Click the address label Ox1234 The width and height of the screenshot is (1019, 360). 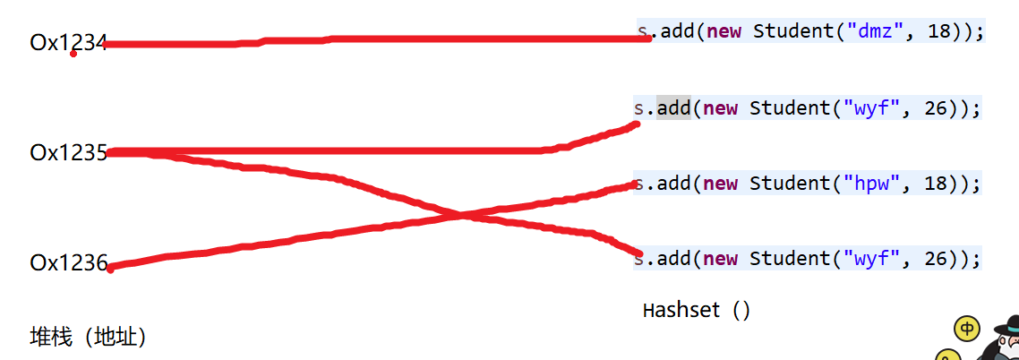coord(68,42)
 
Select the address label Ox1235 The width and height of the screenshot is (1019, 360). coord(68,152)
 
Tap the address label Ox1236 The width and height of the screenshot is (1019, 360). coord(68,263)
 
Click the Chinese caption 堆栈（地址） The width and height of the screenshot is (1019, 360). coord(88,337)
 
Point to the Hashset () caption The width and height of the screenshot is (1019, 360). coord(697,310)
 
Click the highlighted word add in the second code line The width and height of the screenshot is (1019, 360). coord(673,108)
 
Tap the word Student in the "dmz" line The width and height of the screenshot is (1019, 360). coord(791,30)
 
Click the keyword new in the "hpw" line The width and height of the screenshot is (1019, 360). coord(721,184)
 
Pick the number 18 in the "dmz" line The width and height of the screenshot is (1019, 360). coord(938,30)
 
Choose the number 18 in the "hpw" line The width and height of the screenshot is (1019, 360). coord(934,184)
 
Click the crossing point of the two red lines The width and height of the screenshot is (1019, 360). coord(462,215)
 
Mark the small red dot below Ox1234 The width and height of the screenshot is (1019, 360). coord(73,54)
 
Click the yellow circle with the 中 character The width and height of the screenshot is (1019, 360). coord(967,330)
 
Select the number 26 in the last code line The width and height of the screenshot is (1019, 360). coord(934,259)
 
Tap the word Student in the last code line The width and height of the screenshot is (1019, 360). coord(787,259)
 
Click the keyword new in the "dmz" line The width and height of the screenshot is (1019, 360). coord(724,30)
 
